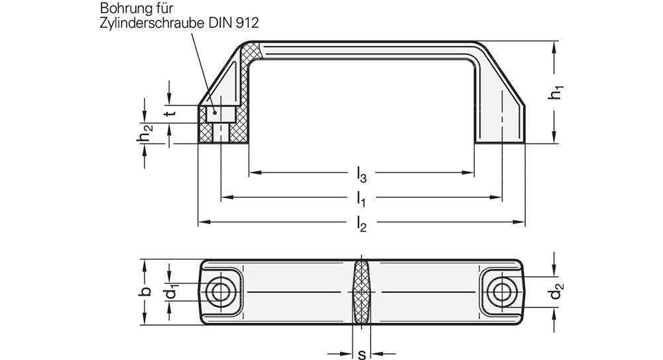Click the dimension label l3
click(361, 175)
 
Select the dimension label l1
click(361, 198)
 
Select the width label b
click(147, 292)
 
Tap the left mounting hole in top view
click(219, 292)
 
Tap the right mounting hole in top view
click(503, 292)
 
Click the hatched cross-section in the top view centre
click(361, 292)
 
